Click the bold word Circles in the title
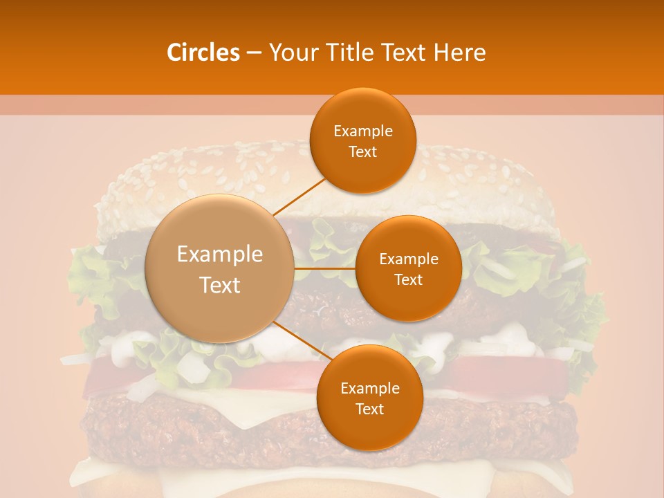pyautogui.click(x=203, y=53)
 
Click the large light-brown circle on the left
pyautogui.click(x=220, y=268)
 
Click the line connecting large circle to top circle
pyautogui.click(x=299, y=196)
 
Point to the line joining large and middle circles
pyautogui.click(x=325, y=268)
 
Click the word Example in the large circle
pyautogui.click(x=220, y=255)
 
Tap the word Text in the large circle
pyautogui.click(x=220, y=285)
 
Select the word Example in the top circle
pyautogui.click(x=363, y=131)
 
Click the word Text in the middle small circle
pyautogui.click(x=408, y=280)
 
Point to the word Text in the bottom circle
pyautogui.click(x=369, y=409)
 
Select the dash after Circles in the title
pyautogui.click(x=254, y=53)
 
